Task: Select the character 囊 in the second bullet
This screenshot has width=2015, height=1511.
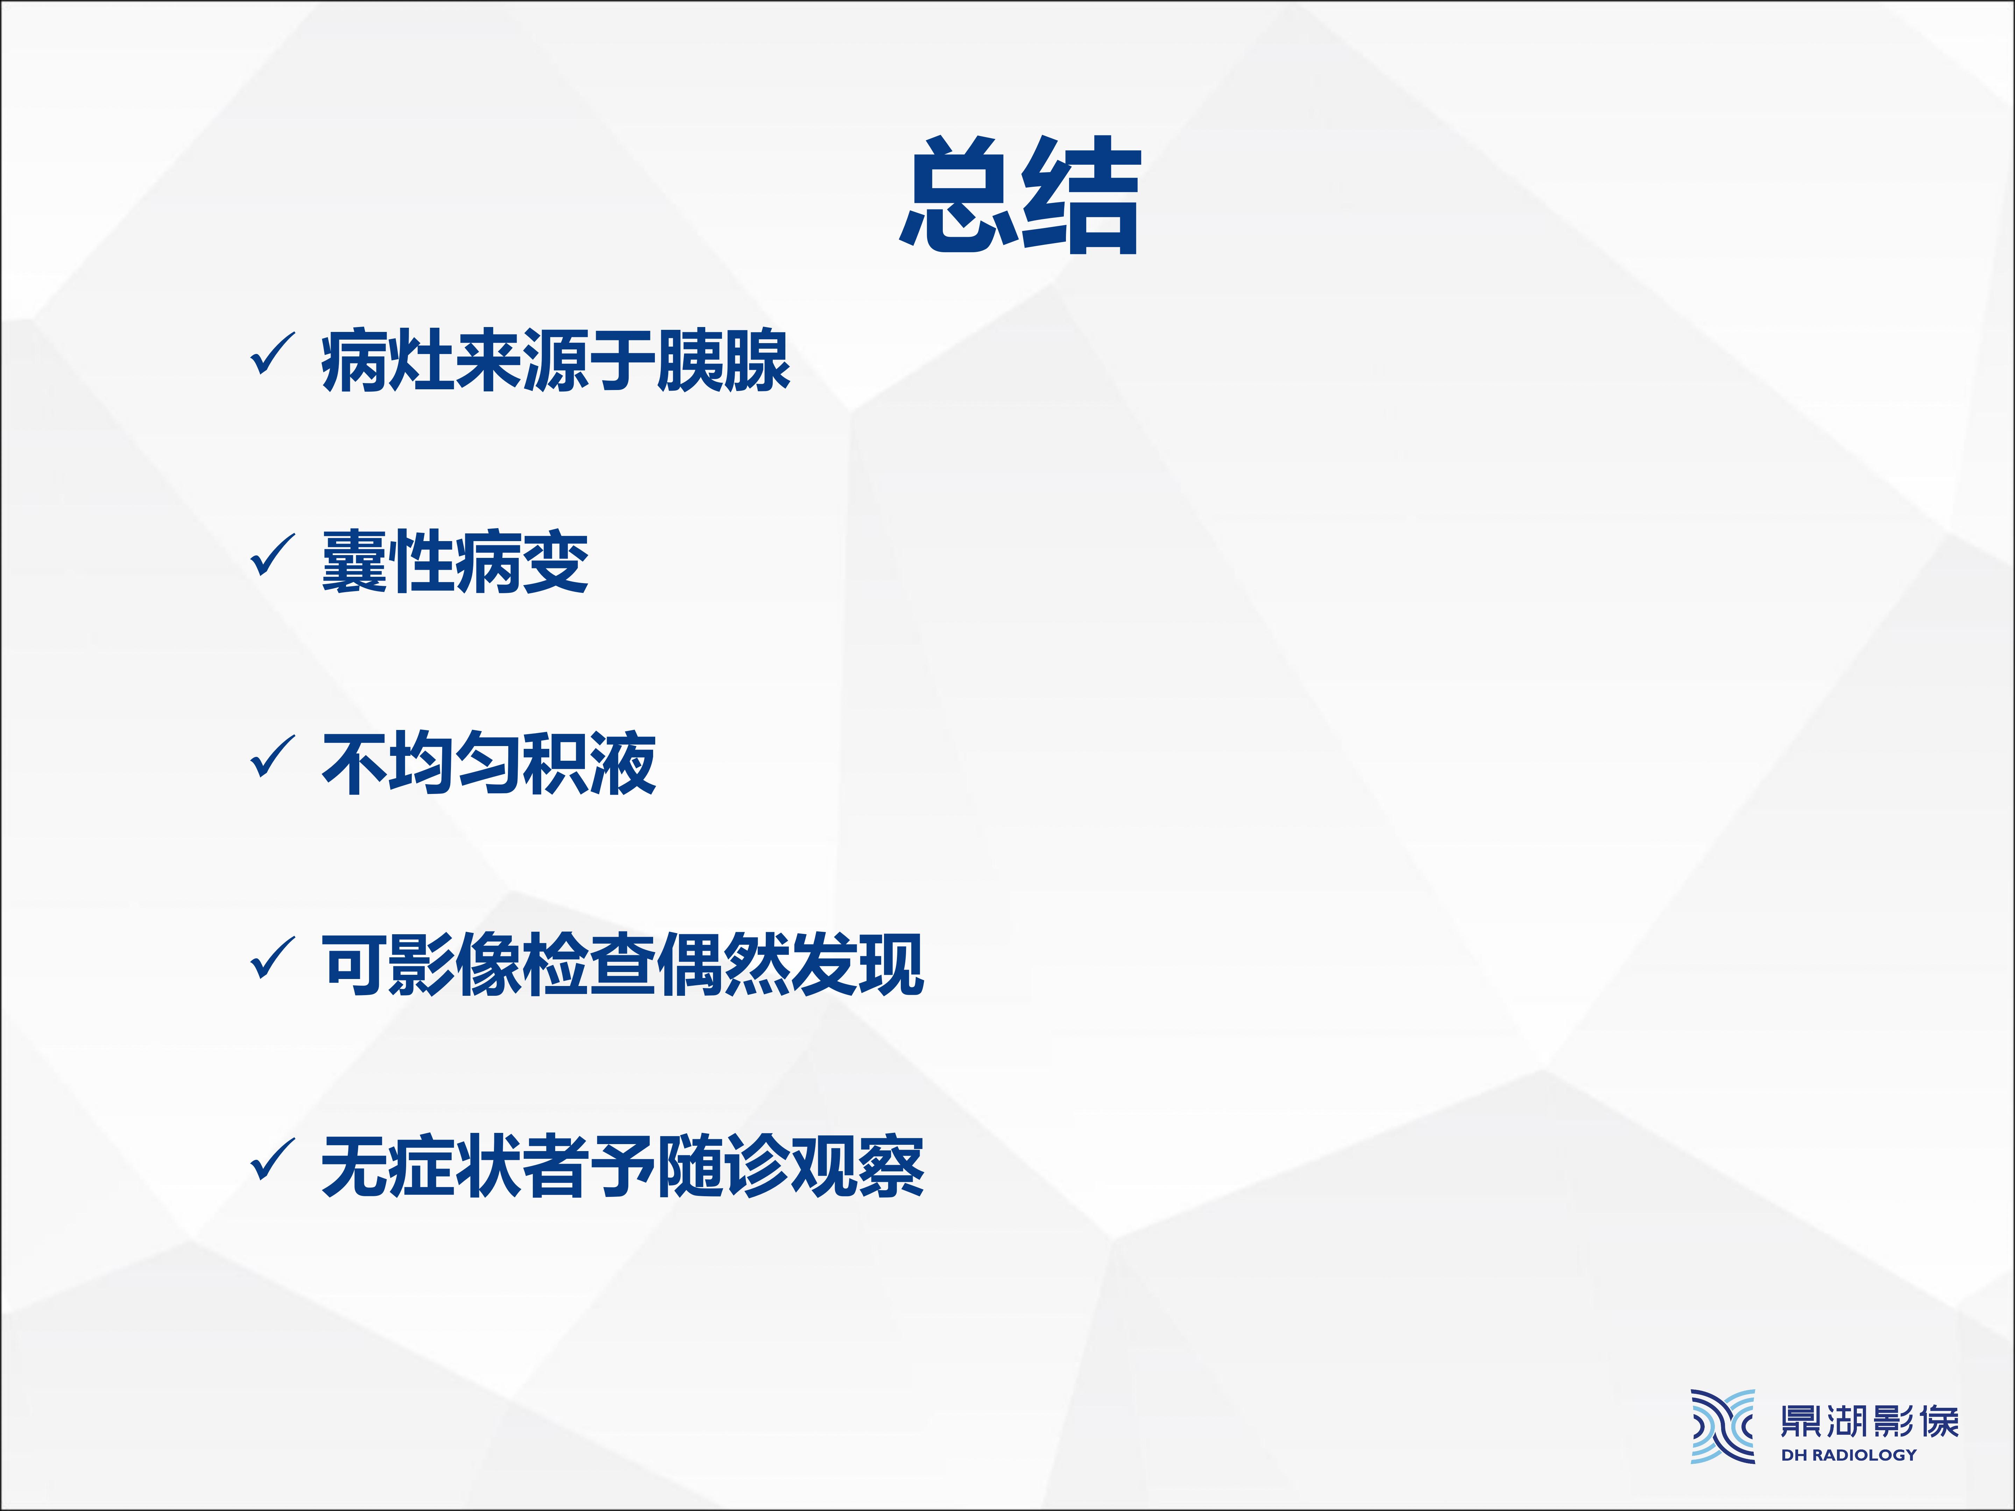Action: click(x=354, y=562)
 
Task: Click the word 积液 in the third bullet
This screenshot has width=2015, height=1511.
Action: click(x=589, y=763)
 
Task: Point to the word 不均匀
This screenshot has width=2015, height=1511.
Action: click(x=422, y=763)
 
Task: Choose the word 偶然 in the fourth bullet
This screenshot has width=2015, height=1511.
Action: click(x=723, y=965)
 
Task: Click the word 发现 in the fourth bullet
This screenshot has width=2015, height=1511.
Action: click(x=857, y=965)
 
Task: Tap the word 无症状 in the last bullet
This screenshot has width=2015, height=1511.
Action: click(x=422, y=1166)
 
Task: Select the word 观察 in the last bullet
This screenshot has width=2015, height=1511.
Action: click(x=857, y=1166)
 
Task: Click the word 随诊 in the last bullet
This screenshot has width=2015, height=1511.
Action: click(x=723, y=1166)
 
